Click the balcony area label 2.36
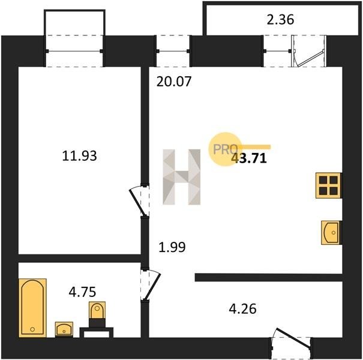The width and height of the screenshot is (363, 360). (x=280, y=20)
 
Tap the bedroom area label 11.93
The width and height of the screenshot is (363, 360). (x=79, y=155)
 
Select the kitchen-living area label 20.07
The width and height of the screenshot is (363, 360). (x=174, y=82)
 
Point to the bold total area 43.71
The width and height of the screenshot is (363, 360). (x=250, y=159)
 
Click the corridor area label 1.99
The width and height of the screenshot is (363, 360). (x=172, y=247)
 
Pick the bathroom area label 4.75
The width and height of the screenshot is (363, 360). (x=82, y=292)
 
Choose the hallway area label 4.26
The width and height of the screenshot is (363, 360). (x=242, y=308)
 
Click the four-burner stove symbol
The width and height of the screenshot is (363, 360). (x=329, y=185)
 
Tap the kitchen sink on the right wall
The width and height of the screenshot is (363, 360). (x=331, y=232)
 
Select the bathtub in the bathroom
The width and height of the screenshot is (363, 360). (x=32, y=308)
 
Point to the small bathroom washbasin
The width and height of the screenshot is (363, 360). (x=64, y=329)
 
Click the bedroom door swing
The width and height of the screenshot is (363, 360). (x=139, y=200)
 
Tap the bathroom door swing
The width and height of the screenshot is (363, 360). (x=151, y=285)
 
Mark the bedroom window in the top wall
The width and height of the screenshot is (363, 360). (x=74, y=51)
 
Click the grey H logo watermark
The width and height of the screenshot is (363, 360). (x=181, y=177)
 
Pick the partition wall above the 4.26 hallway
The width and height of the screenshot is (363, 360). (x=269, y=277)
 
